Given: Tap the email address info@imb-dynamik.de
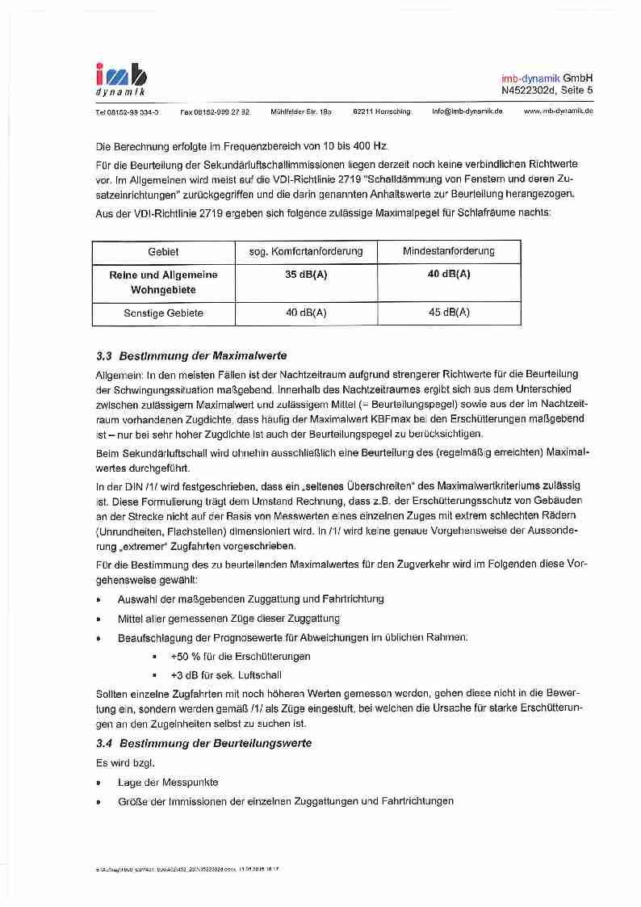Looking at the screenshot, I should point(467,111).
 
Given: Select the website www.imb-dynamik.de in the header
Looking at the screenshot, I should point(559,111).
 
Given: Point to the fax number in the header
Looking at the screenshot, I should point(215,111).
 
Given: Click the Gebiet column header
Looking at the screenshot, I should point(164,251).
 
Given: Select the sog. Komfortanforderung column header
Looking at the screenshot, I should point(306,251).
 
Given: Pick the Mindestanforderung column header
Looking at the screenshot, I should point(449,251).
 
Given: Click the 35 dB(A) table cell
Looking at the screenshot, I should point(306,275).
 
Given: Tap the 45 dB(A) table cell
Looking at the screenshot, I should point(449,313).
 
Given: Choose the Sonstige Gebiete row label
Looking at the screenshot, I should point(164,313).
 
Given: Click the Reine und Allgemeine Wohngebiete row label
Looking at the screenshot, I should point(164,282).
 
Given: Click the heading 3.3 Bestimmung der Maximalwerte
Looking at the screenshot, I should point(191,355).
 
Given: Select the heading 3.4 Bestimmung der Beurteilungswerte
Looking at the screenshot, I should point(203,743).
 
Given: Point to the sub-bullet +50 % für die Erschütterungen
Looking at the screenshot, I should point(240,657).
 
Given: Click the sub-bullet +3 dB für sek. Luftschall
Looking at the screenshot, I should point(226,675).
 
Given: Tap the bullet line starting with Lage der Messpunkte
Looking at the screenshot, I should point(168,783).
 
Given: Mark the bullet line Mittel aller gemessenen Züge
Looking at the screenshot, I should point(228,619).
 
